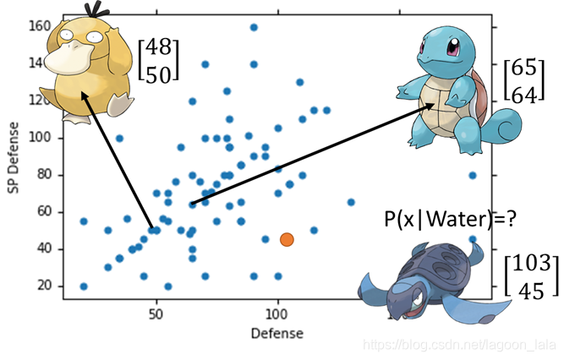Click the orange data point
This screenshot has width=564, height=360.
tap(287, 239)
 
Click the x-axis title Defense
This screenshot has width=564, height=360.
tap(277, 333)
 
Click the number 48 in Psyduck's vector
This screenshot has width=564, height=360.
tap(158, 49)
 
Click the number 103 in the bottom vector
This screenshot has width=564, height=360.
tap(533, 263)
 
